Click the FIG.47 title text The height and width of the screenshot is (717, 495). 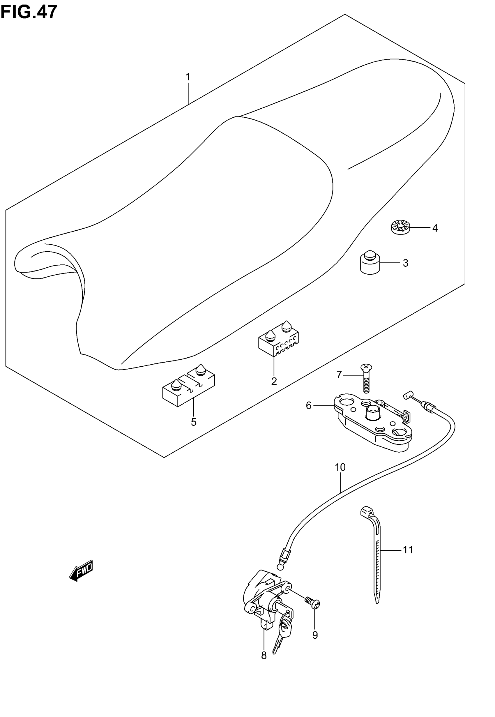click(29, 12)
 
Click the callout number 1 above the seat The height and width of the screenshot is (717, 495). click(188, 77)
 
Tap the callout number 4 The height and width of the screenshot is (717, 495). click(435, 228)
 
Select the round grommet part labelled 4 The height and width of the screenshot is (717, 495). click(400, 227)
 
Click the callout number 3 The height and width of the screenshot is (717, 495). click(405, 263)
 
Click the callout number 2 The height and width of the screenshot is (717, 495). click(274, 382)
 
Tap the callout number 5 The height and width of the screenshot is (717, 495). click(194, 422)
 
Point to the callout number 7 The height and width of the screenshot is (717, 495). click(339, 375)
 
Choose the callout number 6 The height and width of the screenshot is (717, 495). click(309, 405)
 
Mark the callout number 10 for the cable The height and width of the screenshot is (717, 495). click(340, 467)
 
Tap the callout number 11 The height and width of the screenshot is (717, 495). click(408, 550)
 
